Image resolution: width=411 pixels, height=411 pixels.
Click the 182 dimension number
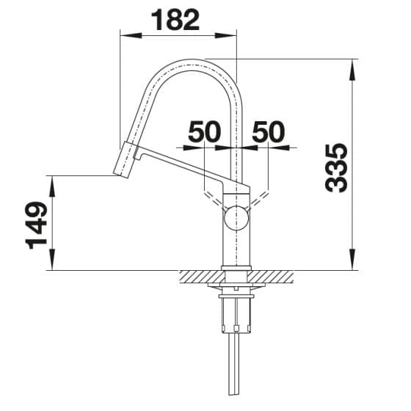(x=175, y=21)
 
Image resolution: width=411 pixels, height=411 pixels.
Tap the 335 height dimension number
(x=336, y=168)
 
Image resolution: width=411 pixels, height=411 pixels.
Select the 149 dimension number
(x=36, y=225)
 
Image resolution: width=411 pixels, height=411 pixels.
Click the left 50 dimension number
(x=205, y=131)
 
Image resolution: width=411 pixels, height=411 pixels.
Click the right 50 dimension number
(x=268, y=131)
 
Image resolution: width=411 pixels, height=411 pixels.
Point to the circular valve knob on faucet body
(x=236, y=217)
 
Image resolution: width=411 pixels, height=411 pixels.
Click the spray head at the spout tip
(x=124, y=160)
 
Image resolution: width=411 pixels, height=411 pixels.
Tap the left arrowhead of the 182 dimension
(x=131, y=36)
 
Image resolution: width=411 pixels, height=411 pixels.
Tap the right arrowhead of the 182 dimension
(x=226, y=36)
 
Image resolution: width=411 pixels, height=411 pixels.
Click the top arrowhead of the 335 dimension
(x=353, y=70)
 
